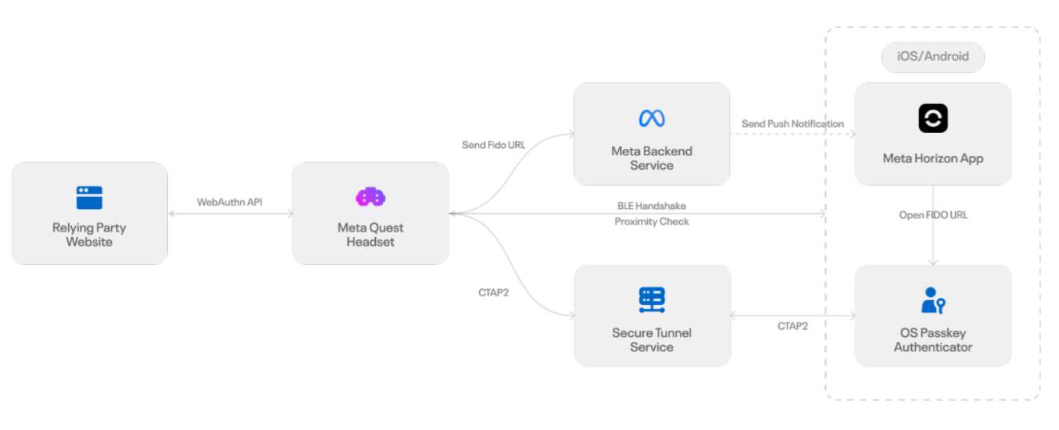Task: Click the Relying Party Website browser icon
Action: tap(89, 197)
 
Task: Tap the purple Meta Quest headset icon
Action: tap(370, 196)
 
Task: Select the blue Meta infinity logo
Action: tap(651, 119)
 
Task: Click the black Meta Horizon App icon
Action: tap(933, 119)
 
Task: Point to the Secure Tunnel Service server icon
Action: tap(651, 299)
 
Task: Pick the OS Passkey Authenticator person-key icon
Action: tap(933, 300)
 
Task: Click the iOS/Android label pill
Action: tap(933, 57)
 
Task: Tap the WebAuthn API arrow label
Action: tap(230, 203)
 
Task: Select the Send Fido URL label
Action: tap(494, 145)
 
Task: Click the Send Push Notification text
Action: tap(793, 124)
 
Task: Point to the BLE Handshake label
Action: tap(651, 206)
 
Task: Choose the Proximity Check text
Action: tap(651, 222)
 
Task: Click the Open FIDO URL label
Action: tap(933, 215)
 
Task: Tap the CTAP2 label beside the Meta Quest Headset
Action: tap(494, 292)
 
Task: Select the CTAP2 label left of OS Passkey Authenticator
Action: tap(793, 326)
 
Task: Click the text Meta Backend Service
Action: tap(651, 159)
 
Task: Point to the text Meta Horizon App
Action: tap(933, 159)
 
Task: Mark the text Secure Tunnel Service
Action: tap(651, 340)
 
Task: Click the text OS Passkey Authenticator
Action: tap(933, 340)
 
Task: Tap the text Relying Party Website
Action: tap(89, 235)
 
